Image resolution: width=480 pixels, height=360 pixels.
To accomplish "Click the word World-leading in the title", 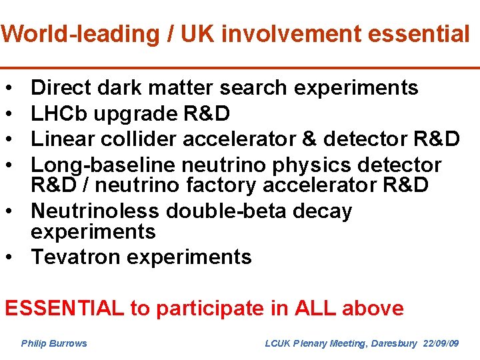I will [77, 33].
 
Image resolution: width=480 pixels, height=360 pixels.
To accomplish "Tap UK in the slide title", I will [193, 33].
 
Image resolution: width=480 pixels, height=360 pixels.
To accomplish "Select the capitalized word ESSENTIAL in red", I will [64, 308].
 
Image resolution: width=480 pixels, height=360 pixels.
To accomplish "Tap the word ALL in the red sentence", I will [313, 308].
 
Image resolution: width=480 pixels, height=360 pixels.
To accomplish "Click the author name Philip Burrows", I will [54, 343].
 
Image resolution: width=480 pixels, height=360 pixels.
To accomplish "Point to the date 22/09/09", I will [441, 343].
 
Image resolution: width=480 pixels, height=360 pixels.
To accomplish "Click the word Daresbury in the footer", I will [393, 343].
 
